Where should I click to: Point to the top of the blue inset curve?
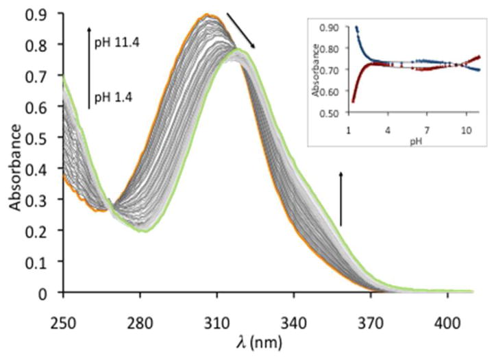(x=356, y=27)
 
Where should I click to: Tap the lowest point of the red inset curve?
(x=354, y=101)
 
